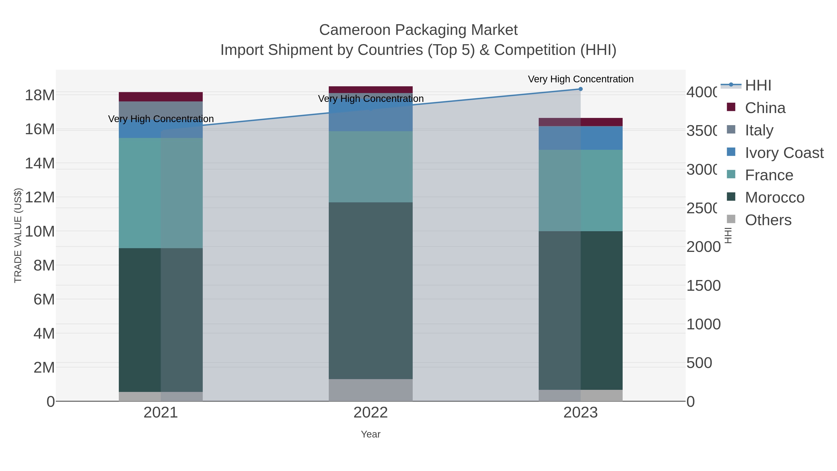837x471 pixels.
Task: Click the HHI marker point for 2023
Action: tap(580, 89)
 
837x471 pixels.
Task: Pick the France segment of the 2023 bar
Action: tap(580, 190)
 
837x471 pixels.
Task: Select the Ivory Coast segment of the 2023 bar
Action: tap(580, 138)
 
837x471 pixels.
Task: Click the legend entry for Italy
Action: tap(759, 130)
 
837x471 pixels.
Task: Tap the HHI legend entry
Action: tap(758, 86)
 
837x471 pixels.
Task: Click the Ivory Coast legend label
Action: tap(784, 153)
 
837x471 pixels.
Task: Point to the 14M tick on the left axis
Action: tap(40, 163)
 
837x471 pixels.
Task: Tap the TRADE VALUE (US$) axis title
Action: tap(18, 235)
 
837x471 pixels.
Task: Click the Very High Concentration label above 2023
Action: tap(580, 79)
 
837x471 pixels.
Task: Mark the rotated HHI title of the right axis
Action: tap(728, 235)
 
